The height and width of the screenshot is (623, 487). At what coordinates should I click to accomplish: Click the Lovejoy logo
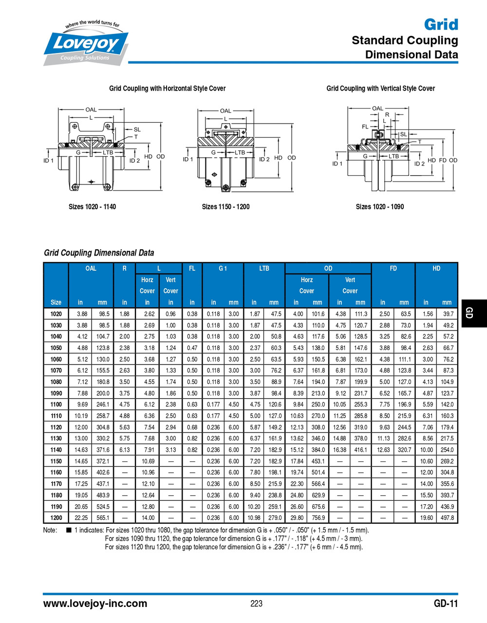86,44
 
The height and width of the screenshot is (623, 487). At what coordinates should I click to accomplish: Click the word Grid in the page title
441,24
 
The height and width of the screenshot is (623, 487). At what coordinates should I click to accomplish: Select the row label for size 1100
56,404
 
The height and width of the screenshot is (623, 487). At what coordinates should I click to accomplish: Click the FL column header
192,268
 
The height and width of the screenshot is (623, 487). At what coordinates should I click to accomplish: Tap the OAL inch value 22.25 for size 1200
81,518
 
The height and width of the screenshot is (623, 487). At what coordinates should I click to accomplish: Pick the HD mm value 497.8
447,518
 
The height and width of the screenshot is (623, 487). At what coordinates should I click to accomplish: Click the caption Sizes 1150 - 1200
225,207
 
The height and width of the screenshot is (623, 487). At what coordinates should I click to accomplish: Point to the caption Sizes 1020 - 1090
379,207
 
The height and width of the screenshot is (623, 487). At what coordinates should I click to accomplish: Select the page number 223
256,604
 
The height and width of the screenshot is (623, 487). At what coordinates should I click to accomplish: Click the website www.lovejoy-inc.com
95,604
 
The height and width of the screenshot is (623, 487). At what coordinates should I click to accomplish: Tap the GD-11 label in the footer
446,604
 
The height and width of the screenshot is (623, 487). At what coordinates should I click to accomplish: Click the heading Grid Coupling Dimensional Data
99,253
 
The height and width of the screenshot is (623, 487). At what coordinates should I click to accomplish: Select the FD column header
393,268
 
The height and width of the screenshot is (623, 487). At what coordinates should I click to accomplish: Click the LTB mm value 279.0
275,518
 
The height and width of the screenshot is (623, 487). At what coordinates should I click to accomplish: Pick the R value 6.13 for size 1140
125,450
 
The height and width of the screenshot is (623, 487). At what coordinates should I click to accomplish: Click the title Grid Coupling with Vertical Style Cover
380,88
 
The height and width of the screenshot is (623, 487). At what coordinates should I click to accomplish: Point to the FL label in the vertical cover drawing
365,127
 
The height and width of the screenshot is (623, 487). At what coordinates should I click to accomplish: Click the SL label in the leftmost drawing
137,129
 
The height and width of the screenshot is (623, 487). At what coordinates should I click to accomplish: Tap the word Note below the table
50,530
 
